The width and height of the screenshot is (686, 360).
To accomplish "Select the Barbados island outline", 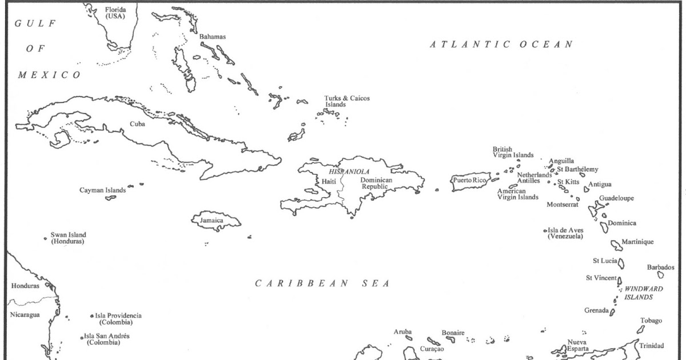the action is (660, 275).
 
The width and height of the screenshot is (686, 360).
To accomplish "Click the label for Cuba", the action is (137, 123).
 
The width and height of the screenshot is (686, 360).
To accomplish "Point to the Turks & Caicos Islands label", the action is (346, 101).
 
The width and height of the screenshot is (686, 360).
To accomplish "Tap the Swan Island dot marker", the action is (45, 238).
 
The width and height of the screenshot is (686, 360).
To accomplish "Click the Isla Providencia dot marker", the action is (92, 315).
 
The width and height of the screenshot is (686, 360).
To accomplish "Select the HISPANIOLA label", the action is (349, 171).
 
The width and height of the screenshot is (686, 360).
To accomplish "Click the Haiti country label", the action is (329, 181).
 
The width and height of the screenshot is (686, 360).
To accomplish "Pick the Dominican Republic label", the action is (376, 183).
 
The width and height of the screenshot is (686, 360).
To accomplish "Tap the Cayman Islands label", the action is (102, 190).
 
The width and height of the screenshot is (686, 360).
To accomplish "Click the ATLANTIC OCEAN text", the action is (501, 45).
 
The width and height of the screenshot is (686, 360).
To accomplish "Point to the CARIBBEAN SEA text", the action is (322, 283).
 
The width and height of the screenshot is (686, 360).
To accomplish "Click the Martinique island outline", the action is (616, 245).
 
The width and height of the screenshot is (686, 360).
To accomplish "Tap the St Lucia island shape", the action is (621, 264).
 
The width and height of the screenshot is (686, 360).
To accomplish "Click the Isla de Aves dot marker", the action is (545, 231).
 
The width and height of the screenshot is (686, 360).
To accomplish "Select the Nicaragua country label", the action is (25, 315).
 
